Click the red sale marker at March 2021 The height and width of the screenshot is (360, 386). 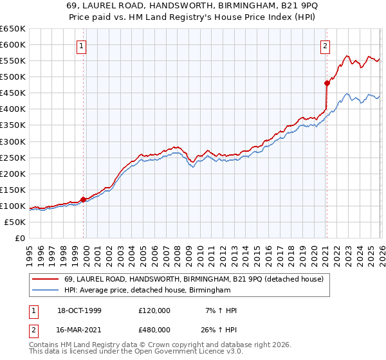(x=327, y=83)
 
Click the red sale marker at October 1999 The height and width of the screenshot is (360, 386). (x=83, y=199)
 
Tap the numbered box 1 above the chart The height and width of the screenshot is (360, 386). (x=83, y=46)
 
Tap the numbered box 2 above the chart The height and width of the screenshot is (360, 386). (x=326, y=46)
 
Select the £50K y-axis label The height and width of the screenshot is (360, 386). (x=15, y=222)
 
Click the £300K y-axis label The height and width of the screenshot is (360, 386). (x=12, y=141)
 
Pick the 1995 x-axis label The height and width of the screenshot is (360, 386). (x=30, y=254)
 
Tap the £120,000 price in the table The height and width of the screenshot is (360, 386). (x=154, y=310)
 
